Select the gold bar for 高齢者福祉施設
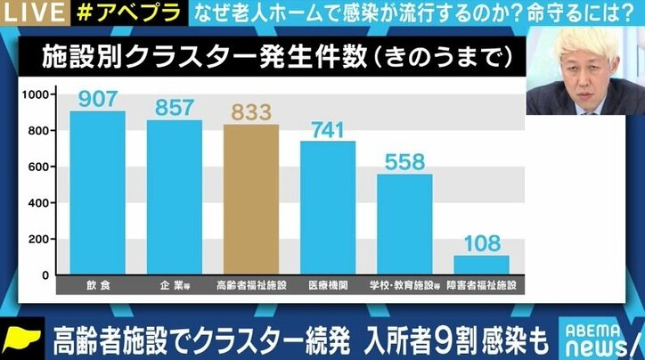(250, 200)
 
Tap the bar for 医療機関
(327, 209)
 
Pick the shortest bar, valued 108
(481, 266)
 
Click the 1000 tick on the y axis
(37, 94)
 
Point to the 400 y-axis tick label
(40, 203)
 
